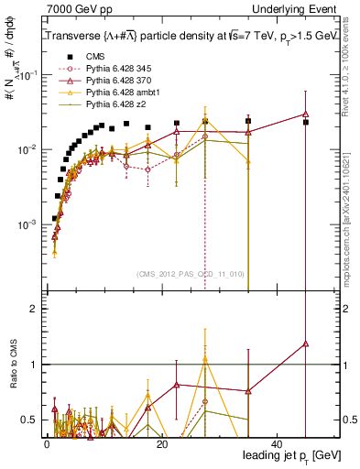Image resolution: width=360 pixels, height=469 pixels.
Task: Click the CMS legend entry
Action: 94,57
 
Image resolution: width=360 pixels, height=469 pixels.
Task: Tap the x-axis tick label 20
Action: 161,442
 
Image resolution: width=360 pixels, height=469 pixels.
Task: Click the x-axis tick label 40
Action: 277,442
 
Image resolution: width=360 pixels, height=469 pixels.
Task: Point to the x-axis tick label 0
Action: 47,442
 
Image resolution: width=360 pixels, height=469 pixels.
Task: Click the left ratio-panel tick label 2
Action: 34,309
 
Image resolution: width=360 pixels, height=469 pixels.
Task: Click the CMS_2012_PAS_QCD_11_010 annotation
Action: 191,274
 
